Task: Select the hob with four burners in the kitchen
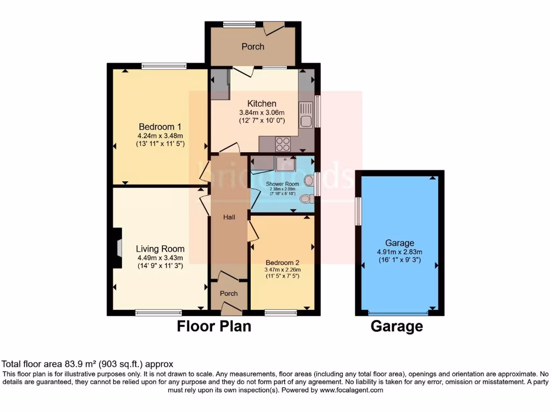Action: [x=283, y=144]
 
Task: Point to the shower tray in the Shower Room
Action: [x=285, y=163]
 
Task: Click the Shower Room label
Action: [x=282, y=184]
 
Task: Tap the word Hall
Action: [x=229, y=217]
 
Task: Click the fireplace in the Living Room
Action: [x=117, y=247]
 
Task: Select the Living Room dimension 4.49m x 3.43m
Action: [x=160, y=258]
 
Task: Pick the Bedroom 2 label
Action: [x=282, y=263]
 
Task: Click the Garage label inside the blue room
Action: [x=399, y=243]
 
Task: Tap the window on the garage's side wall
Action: [x=357, y=211]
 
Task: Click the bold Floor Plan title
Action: [x=214, y=326]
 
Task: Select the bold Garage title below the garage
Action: [x=397, y=326]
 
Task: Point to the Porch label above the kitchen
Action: [x=252, y=47]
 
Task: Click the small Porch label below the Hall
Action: [x=229, y=294]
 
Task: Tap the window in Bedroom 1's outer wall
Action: [x=164, y=66]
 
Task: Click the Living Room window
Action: [x=159, y=312]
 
